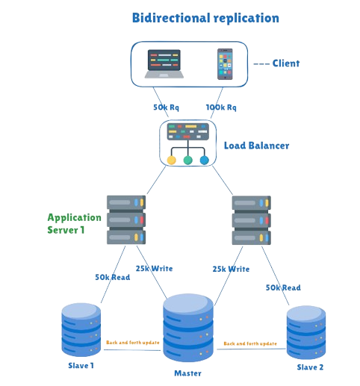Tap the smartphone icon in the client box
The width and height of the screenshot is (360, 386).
(x=226, y=64)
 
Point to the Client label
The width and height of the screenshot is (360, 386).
(x=285, y=63)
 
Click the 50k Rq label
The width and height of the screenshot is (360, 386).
(x=167, y=108)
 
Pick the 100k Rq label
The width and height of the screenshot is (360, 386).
(x=220, y=108)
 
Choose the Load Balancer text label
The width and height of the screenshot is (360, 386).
(x=256, y=145)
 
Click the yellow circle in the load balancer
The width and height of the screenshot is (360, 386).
(x=171, y=159)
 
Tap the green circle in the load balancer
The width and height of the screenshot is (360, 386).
(x=187, y=159)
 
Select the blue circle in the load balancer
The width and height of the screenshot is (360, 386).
(x=204, y=159)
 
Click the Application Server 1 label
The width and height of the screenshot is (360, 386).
(x=74, y=222)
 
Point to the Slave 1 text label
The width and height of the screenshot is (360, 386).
(x=80, y=366)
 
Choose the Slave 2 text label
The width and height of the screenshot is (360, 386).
(x=309, y=367)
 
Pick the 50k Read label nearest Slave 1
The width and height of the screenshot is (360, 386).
(x=112, y=278)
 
